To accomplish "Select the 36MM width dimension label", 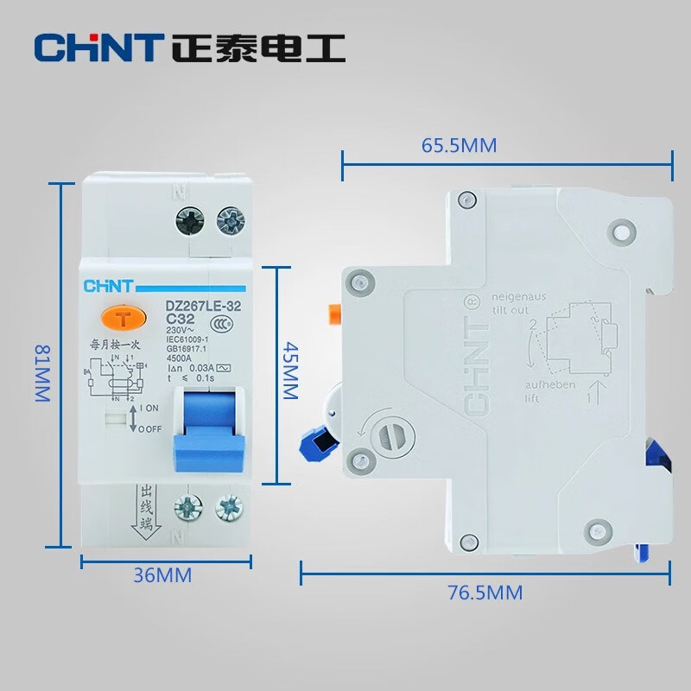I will point(163,574).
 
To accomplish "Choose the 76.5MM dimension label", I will point(485,593).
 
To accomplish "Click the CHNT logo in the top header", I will point(98,47).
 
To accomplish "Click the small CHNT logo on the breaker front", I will point(107,286).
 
